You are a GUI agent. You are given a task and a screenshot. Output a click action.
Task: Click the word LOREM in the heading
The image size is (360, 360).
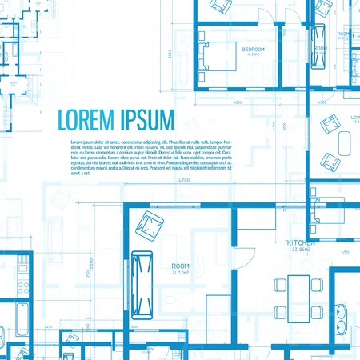pos(85,119)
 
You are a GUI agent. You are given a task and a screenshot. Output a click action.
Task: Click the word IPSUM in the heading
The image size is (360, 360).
pos(146,119)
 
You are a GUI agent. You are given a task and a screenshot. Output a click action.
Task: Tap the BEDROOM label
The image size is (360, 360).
pos(253,50)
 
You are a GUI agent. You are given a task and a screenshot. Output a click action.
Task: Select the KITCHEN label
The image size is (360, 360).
pos(301,242)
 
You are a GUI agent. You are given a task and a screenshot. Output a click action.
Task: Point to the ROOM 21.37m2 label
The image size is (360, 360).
pos(180,266)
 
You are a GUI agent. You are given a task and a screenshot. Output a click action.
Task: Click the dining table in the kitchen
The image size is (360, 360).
pos(299,298)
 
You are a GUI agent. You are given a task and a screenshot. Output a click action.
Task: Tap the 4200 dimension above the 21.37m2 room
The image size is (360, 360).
pos(184,183)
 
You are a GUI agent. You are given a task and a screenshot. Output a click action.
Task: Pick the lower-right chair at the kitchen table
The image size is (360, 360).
pos(318,310)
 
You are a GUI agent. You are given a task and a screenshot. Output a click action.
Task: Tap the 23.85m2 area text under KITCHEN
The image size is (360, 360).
pos(301,249)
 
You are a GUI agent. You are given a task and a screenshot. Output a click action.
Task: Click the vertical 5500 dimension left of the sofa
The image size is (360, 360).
pos(91,264)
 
